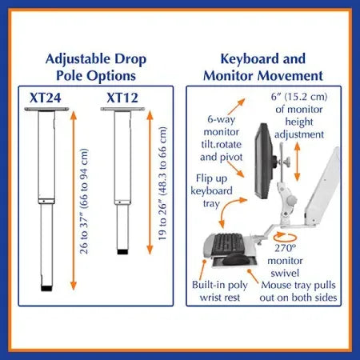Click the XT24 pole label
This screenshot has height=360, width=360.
pyautogui.click(x=46, y=98)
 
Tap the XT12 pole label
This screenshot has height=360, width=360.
pyautogui.click(x=122, y=98)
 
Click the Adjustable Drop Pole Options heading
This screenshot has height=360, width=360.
pyautogui.click(x=96, y=67)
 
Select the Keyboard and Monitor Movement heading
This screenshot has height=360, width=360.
pyautogui.click(x=263, y=67)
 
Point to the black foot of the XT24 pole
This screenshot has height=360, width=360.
pyautogui.click(x=47, y=288)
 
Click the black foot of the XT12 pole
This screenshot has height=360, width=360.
pyautogui.click(x=122, y=251)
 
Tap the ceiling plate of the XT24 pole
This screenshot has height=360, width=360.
pyautogui.click(x=46, y=109)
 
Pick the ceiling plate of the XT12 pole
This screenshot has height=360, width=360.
pyautogui.click(x=122, y=109)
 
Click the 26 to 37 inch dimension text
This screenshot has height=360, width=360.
pyautogui.click(x=84, y=201)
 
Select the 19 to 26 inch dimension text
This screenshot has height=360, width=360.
pyautogui.click(x=162, y=183)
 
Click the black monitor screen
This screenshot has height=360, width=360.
pyautogui.click(x=263, y=162)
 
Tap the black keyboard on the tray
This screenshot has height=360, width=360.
pyautogui.click(x=228, y=242)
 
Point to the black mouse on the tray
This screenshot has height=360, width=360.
pyautogui.click(x=237, y=258)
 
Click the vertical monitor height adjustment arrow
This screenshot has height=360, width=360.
pyautogui.click(x=298, y=162)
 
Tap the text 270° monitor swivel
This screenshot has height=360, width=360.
pyautogui.click(x=285, y=261)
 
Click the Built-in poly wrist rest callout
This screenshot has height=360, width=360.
pyautogui.click(x=220, y=291)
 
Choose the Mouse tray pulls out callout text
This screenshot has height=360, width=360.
pyautogui.click(x=298, y=291)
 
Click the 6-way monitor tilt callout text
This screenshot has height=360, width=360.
pyautogui.click(x=222, y=138)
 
